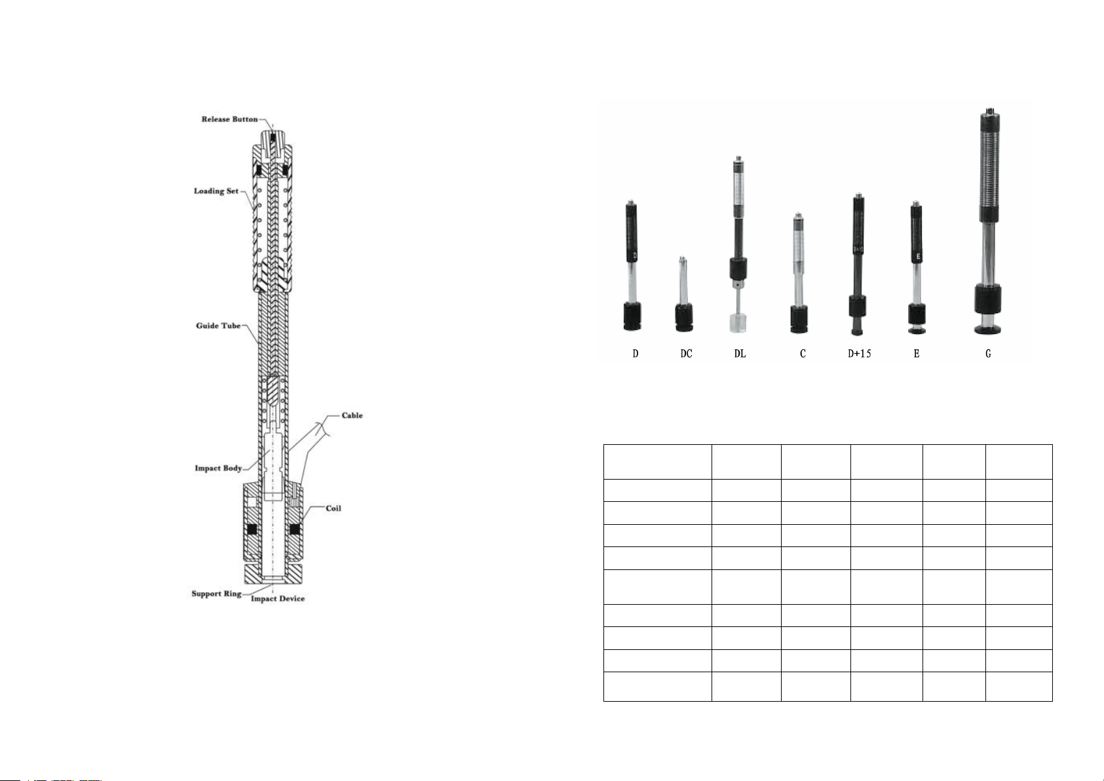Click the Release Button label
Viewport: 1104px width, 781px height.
click(230, 119)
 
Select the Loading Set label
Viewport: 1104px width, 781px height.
click(216, 191)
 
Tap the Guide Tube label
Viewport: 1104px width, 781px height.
click(218, 326)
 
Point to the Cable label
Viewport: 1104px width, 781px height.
click(352, 415)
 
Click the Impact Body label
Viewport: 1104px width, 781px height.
click(218, 468)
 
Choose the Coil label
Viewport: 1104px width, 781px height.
click(333, 508)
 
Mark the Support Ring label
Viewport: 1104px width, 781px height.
click(216, 594)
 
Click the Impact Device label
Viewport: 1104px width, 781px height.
click(278, 599)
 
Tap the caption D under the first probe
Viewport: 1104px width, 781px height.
click(636, 354)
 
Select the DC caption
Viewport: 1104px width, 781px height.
click(686, 354)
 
